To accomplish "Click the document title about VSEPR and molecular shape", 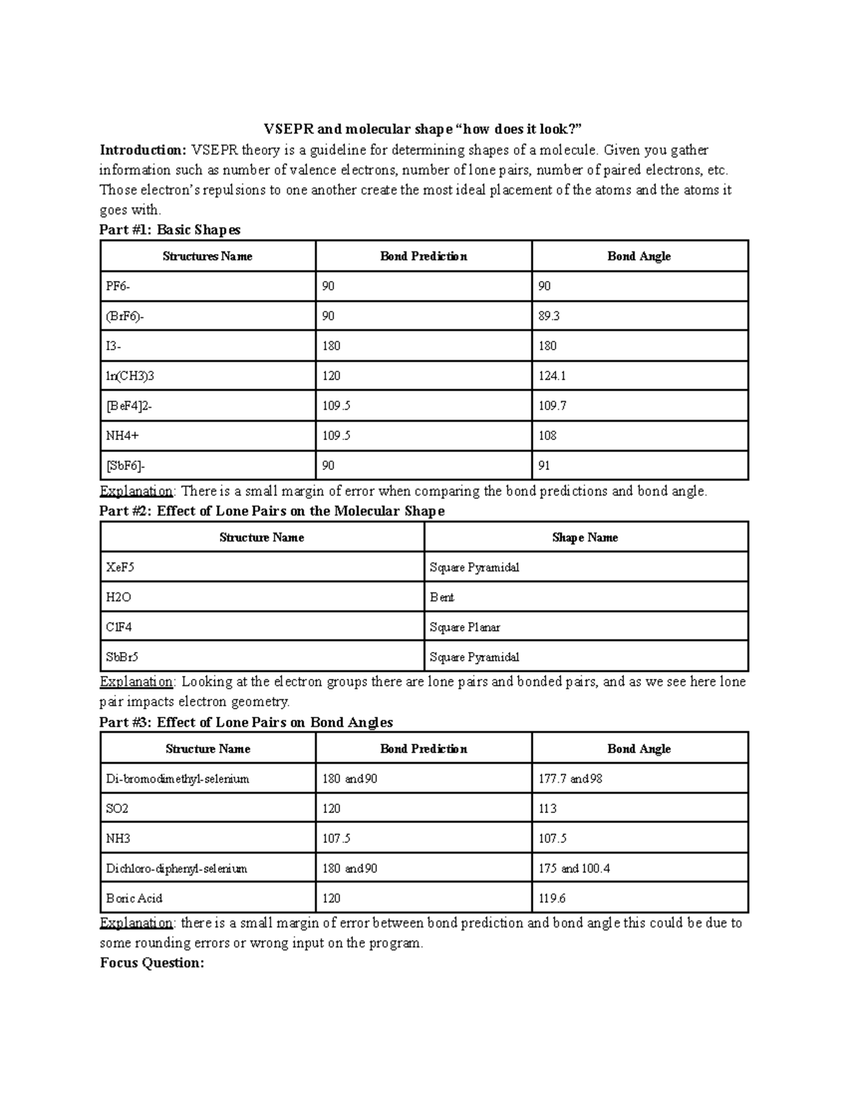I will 423,129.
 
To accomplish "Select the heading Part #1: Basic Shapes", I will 170,230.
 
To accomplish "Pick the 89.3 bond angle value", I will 548,316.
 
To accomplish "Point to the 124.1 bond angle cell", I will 552,376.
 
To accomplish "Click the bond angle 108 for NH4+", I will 547,436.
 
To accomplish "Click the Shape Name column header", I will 585,538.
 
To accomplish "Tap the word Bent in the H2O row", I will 442,598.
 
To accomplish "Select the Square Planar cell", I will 464,627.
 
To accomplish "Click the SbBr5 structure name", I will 122,657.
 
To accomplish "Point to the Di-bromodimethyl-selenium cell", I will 177,779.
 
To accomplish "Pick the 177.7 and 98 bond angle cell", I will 570,779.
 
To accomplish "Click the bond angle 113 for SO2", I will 547,809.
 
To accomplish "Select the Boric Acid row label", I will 134,899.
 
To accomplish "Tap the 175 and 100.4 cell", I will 574,869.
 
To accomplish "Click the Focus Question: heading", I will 152,963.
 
